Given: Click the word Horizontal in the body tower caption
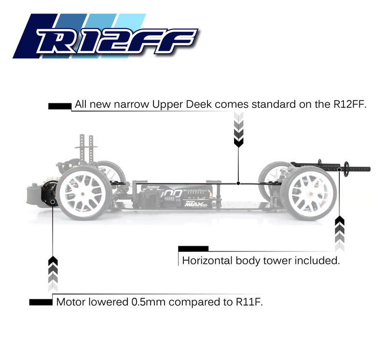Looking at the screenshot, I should [x=207, y=261].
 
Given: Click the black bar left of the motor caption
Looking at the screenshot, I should [x=40, y=302].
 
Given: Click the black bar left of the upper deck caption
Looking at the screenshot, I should [x=60, y=105].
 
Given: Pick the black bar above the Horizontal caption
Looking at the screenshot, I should [x=193, y=249].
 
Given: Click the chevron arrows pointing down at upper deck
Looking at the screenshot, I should [x=238, y=129].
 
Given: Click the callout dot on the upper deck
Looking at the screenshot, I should [x=238, y=183].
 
